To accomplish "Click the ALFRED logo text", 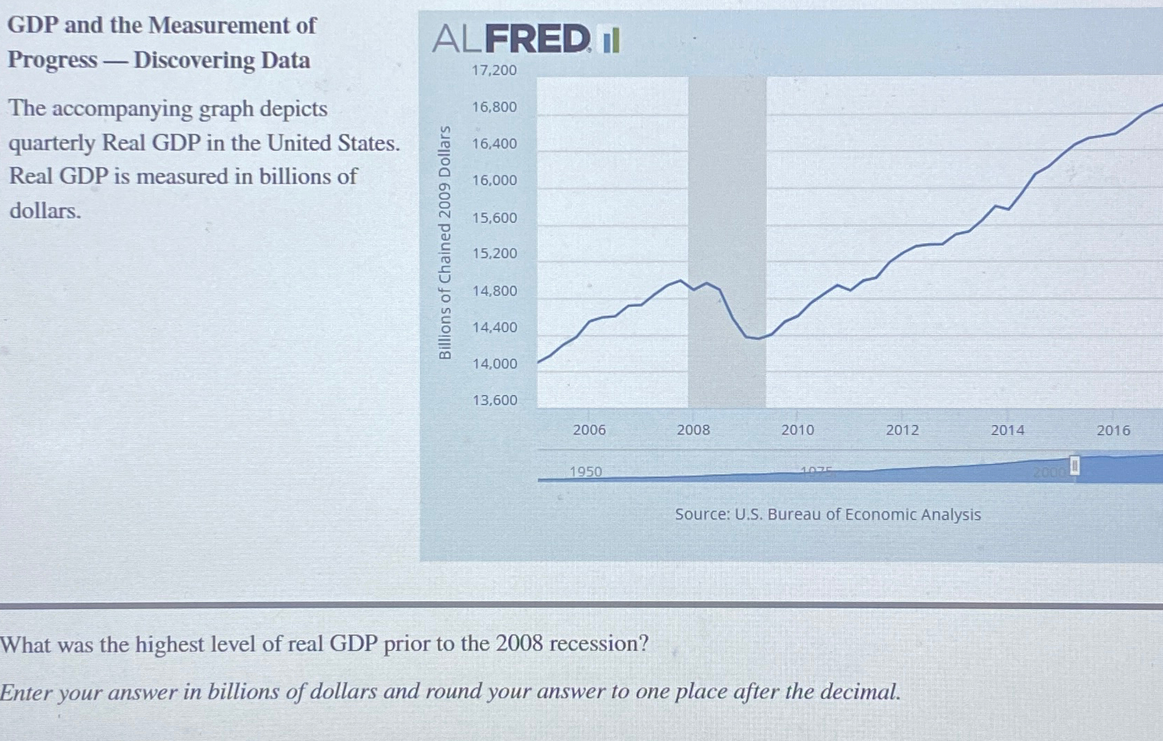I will pyautogui.click(x=512, y=39).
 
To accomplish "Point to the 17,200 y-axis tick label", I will pyautogui.click(x=494, y=70).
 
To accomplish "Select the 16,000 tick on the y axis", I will pyautogui.click(x=494, y=180).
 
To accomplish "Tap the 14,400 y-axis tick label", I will pyautogui.click(x=494, y=327).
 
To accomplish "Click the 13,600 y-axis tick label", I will pyautogui.click(x=494, y=400).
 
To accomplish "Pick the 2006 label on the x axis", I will pyautogui.click(x=589, y=430).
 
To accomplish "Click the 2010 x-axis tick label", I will pyautogui.click(x=797, y=430).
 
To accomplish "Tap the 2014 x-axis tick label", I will pyautogui.click(x=1007, y=430).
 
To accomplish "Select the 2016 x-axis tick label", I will pyautogui.click(x=1113, y=430).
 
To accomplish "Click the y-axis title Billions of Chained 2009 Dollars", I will pyautogui.click(x=445, y=242).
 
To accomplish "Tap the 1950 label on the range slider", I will pyautogui.click(x=585, y=471).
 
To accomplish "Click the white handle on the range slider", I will pyautogui.click(x=1074, y=466).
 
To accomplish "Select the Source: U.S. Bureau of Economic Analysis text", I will pyautogui.click(x=828, y=515).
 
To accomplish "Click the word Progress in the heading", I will pyautogui.click(x=52, y=60).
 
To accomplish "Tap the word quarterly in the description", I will pyautogui.click(x=52, y=143).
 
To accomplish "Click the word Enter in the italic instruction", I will pyautogui.click(x=27, y=692).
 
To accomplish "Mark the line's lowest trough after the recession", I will pyautogui.click(x=757, y=338).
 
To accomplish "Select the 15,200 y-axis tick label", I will pyautogui.click(x=494, y=253).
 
